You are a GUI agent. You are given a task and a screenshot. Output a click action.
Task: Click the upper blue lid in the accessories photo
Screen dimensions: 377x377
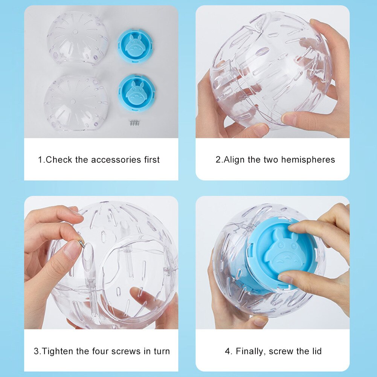[135, 46]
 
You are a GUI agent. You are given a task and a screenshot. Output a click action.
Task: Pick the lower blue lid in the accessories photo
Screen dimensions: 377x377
[136, 93]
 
